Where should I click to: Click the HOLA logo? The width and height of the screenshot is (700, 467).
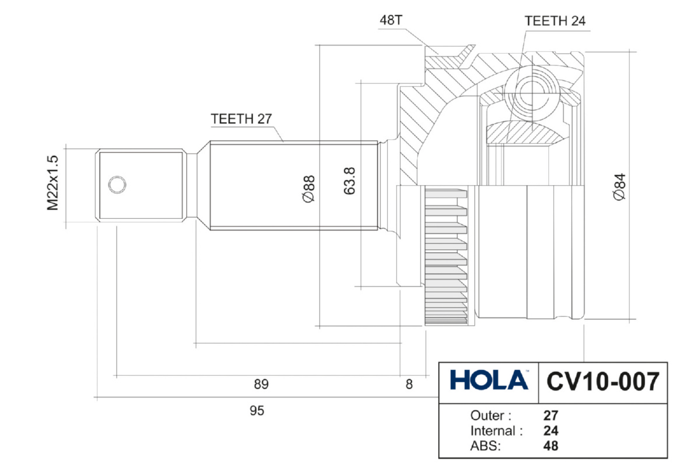(x=489, y=380)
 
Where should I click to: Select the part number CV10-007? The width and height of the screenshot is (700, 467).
(x=603, y=382)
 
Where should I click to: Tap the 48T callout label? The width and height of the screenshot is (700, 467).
(x=391, y=20)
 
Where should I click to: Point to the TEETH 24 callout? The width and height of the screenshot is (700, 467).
(x=555, y=21)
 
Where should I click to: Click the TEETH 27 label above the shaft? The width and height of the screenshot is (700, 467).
(x=242, y=119)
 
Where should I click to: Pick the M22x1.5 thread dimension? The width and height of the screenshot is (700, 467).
(x=52, y=183)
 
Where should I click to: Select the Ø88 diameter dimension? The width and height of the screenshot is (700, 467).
(x=309, y=189)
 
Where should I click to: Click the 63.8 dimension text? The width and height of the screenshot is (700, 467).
(x=349, y=181)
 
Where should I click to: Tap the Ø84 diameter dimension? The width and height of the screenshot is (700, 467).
(x=619, y=187)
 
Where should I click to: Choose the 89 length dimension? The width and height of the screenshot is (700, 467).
(x=261, y=384)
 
